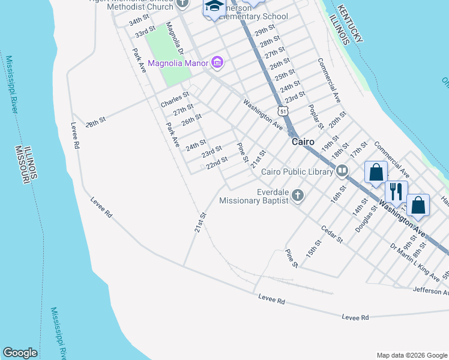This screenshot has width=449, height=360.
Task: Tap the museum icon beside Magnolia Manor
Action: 217,62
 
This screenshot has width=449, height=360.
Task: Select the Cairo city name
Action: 304,142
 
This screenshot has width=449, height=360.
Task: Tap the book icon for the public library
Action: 342,172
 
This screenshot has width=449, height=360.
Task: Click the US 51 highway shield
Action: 283,111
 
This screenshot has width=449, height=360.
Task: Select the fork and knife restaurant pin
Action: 396,191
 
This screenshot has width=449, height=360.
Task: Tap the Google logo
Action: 20,353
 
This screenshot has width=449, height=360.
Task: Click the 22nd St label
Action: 217,163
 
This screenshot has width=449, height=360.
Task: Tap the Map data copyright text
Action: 411,355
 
